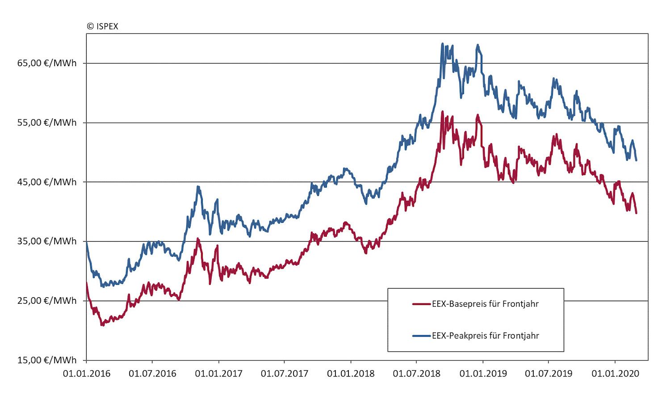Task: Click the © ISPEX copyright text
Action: point(102,26)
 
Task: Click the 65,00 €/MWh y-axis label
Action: point(47,63)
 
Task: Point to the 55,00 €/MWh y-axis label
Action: point(47,122)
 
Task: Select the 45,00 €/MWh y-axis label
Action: point(47,182)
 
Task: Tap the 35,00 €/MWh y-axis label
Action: point(47,241)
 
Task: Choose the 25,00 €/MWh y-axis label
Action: point(47,301)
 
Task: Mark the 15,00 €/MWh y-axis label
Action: point(47,360)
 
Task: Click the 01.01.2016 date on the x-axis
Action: point(87,373)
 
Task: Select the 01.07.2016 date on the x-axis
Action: point(152,373)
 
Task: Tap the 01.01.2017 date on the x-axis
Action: point(218,373)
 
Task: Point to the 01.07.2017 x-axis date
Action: point(285,373)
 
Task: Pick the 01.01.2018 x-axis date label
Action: point(351,373)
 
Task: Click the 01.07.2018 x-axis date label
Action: point(416,373)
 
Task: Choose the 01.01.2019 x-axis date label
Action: point(483,373)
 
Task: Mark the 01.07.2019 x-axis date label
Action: point(549,373)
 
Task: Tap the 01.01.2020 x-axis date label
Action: point(615,373)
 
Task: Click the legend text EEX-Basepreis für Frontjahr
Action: point(485,304)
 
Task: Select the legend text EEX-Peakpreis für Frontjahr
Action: point(485,336)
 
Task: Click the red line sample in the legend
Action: point(421,304)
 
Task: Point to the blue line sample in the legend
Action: point(421,336)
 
